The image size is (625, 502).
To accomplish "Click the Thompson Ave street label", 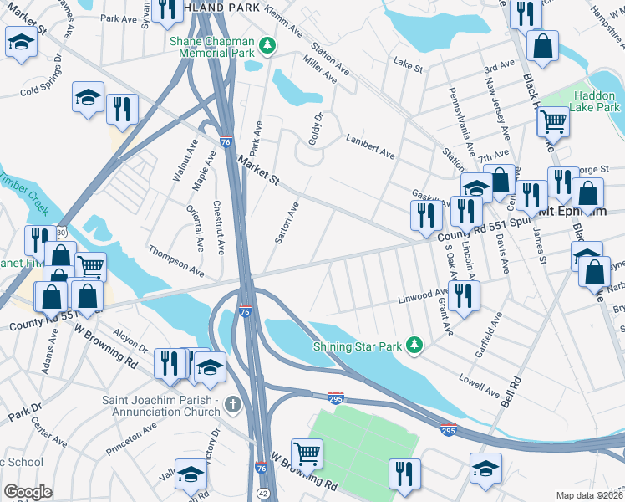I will tap(176, 261).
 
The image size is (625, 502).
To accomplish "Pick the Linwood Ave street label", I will tap(424, 295).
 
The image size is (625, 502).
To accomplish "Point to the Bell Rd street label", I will tap(511, 391).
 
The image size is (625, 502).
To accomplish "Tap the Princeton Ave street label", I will tap(131, 438).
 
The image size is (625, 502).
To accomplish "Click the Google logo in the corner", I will tap(28, 492).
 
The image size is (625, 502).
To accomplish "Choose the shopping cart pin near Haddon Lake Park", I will tap(553, 123).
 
